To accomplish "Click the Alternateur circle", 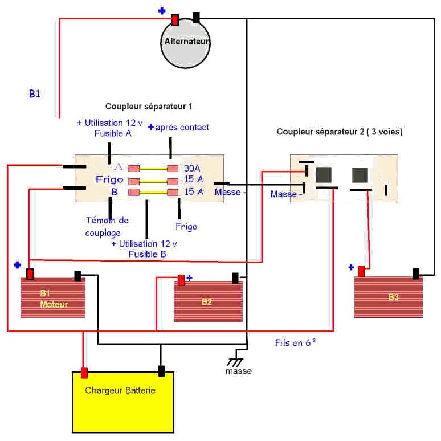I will click(x=185, y=43).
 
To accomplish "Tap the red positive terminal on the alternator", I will click(x=175, y=19).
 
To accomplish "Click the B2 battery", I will click(x=208, y=301).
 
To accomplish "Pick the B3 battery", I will click(x=394, y=297).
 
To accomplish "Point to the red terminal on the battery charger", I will click(x=84, y=373).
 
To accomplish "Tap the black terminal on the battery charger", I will click(x=162, y=371).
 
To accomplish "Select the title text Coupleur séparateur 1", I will click(x=149, y=107).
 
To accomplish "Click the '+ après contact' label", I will click(x=178, y=128).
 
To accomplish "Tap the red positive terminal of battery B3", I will click(x=360, y=269).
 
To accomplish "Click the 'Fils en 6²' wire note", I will click(x=295, y=342).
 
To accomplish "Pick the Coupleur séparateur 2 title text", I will click(x=340, y=132).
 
